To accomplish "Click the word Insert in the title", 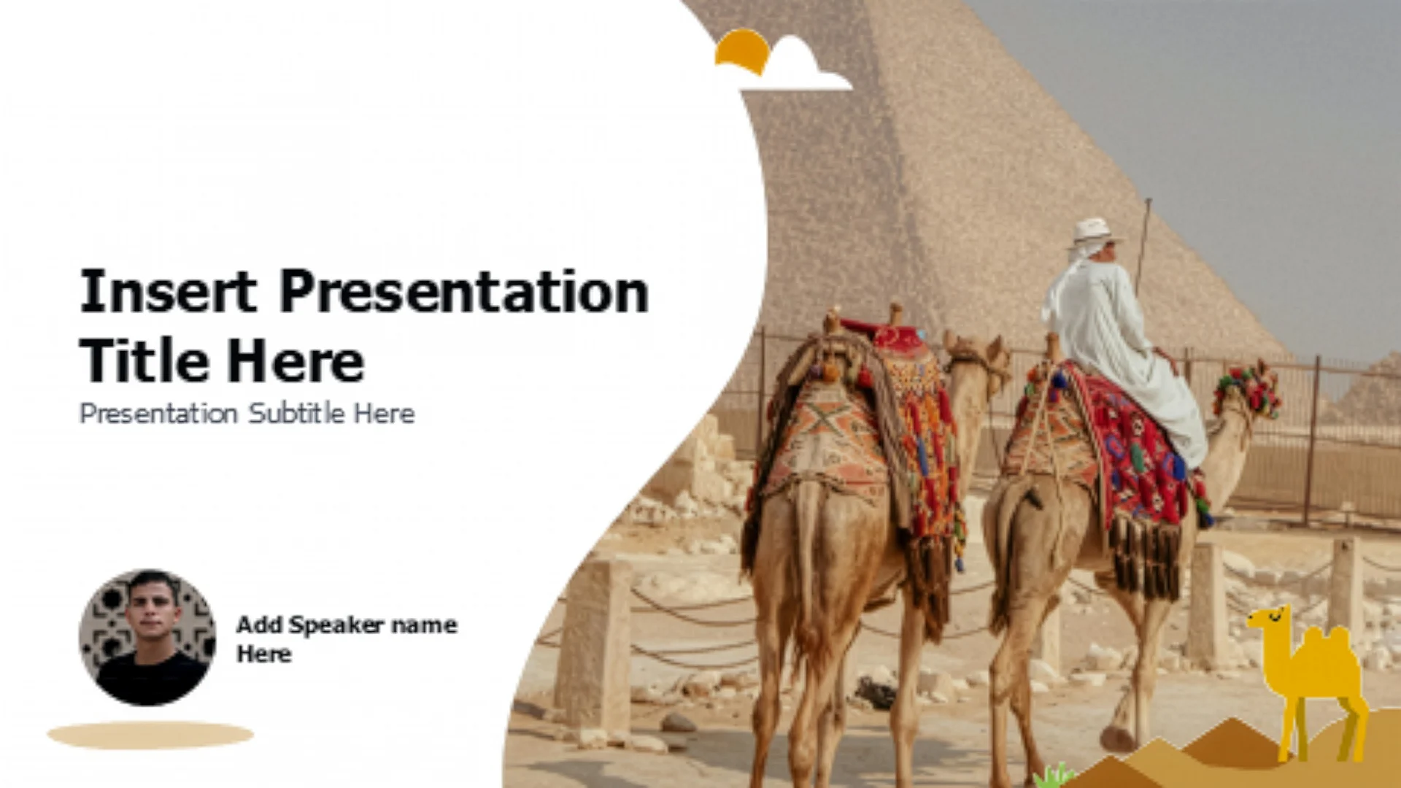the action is pos(168,291).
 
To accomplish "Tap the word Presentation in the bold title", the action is pos(464,291).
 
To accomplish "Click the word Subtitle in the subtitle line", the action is pos(296,413).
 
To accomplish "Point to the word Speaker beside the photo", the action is pos(336,625).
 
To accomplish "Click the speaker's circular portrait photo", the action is pos(147,637).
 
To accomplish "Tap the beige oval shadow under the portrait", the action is pos(150,735).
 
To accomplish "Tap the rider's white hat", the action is pos(1094,231).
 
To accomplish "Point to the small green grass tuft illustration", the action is pos(1054,775).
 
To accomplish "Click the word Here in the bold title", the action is pos(295,360).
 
